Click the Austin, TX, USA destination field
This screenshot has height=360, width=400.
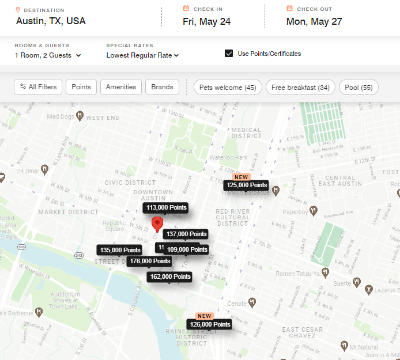(51, 21)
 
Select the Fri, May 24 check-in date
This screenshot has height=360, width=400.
(206, 21)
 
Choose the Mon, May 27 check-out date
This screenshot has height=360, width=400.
(314, 21)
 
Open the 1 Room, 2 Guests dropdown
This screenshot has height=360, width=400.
(48, 55)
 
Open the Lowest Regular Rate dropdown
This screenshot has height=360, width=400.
(142, 55)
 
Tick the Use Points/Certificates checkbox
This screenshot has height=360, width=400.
(229, 54)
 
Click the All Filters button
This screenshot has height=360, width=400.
(38, 87)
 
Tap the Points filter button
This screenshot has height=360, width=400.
(81, 87)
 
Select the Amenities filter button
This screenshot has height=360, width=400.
(121, 87)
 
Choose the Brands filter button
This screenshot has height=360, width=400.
(162, 87)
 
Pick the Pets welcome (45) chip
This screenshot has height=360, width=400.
(227, 88)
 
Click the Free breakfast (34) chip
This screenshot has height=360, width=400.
(300, 88)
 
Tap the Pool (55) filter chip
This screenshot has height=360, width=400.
(359, 88)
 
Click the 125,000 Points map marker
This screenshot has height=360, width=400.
(247, 185)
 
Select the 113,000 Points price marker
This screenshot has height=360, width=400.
(166, 207)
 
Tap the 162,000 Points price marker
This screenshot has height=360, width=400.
(170, 276)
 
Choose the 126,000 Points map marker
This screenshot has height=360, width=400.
(210, 324)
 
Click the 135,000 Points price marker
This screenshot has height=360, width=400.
(120, 250)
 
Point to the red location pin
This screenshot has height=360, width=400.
(157, 223)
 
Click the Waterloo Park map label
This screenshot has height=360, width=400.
(228, 157)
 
